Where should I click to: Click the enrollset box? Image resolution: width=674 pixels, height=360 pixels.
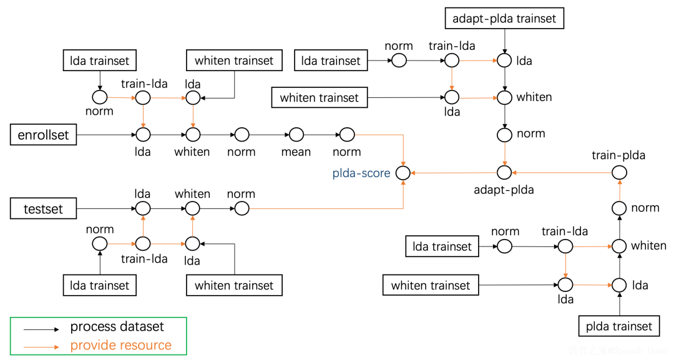[x=43, y=135]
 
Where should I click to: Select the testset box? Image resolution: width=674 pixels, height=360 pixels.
[x=43, y=208]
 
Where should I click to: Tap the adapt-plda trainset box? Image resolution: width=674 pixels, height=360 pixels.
[x=504, y=19]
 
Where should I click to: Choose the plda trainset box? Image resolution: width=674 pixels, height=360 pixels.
[x=619, y=326]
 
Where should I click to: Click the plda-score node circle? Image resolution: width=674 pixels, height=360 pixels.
[x=404, y=172]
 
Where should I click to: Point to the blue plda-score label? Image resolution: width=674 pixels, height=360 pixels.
[x=362, y=173]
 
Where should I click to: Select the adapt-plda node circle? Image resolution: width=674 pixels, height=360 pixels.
[x=504, y=172]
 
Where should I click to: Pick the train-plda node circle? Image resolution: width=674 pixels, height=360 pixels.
[x=618, y=172]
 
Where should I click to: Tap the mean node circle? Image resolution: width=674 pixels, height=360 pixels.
[x=296, y=135]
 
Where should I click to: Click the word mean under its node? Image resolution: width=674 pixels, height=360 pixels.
[x=296, y=152]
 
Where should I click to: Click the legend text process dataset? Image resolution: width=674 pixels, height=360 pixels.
[x=117, y=327]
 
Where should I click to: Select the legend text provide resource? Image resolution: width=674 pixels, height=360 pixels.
[x=120, y=345]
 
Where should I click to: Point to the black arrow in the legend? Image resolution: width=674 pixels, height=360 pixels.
[x=41, y=328]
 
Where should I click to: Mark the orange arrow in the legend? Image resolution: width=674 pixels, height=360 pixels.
[x=41, y=346]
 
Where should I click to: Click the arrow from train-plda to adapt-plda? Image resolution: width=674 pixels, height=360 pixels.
[x=562, y=172]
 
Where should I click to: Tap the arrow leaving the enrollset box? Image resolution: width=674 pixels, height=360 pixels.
[x=106, y=135]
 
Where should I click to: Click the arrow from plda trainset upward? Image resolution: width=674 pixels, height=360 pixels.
[x=619, y=304]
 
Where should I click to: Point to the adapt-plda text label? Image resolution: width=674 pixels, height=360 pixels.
[x=504, y=190]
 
